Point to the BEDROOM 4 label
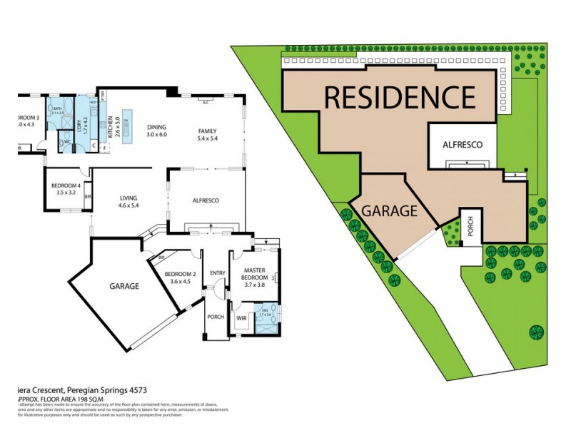[x=65, y=186]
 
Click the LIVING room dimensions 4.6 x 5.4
[x=128, y=206]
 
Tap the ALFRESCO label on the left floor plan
[x=206, y=200]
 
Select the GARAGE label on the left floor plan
[x=123, y=285]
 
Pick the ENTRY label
[x=216, y=273]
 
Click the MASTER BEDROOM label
[x=255, y=274]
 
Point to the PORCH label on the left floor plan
[x=215, y=317]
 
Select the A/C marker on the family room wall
[x=205, y=102]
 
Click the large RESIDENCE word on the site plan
[x=400, y=96]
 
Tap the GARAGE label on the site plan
[x=389, y=211]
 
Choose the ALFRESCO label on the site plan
[x=463, y=145]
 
